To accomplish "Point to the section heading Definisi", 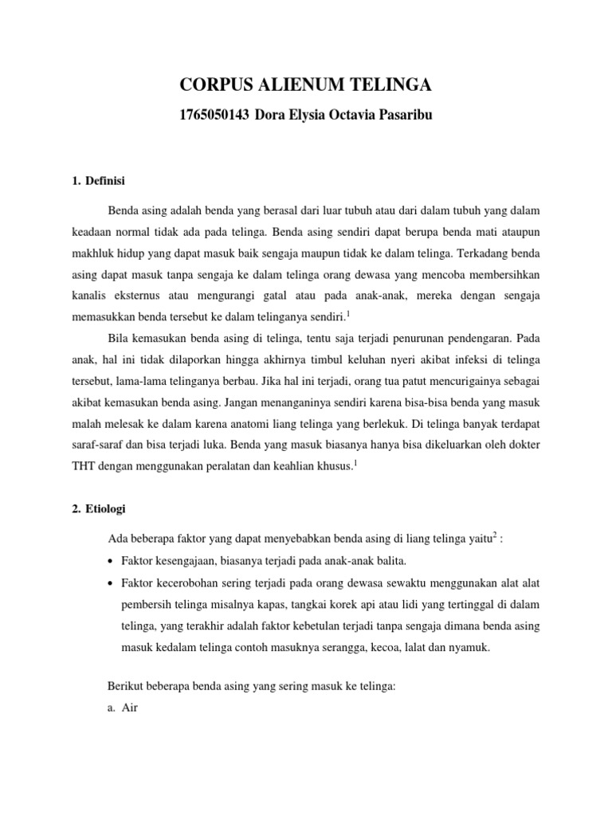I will tap(111, 179).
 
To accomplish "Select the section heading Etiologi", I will tap(112, 508).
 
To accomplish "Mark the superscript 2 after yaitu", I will tap(495, 535).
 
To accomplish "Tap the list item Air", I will tap(130, 707).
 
